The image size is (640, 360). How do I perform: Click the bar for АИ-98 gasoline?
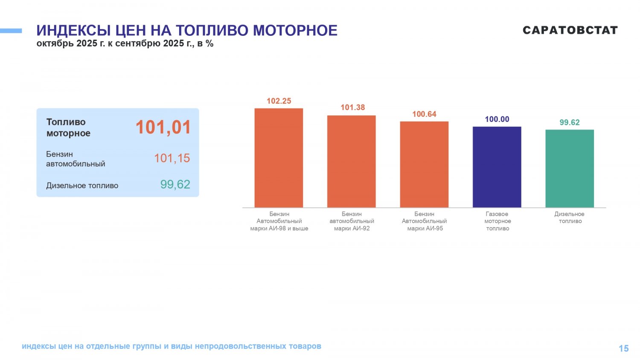[x=279, y=158]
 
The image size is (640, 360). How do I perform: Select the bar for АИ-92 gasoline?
[x=351, y=161]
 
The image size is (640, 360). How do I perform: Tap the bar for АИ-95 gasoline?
[x=424, y=164]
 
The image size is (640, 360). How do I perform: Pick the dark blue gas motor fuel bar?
[x=497, y=167]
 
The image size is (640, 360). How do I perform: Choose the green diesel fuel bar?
[x=570, y=168]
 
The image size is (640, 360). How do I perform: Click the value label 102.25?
[x=279, y=101]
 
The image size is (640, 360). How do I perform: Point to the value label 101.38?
[x=352, y=107]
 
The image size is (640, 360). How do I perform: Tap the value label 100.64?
[x=424, y=114]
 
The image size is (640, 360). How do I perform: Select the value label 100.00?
[x=497, y=119]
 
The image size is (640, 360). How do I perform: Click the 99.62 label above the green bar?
[x=570, y=122]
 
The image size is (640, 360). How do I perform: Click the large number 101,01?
[x=163, y=128]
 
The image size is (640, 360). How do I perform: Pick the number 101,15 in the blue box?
[x=172, y=158]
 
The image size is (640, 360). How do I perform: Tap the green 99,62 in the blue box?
[x=175, y=185]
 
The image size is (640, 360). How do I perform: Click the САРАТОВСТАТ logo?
[x=570, y=30]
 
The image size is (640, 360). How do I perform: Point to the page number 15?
[x=623, y=348]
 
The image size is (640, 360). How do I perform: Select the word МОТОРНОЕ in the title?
[x=295, y=31]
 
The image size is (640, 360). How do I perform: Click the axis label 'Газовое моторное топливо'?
[x=497, y=221]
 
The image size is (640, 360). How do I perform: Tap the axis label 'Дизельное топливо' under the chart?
[x=570, y=218]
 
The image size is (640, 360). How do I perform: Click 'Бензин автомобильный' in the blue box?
[x=76, y=159]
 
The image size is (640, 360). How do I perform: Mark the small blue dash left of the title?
[x=11, y=31]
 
